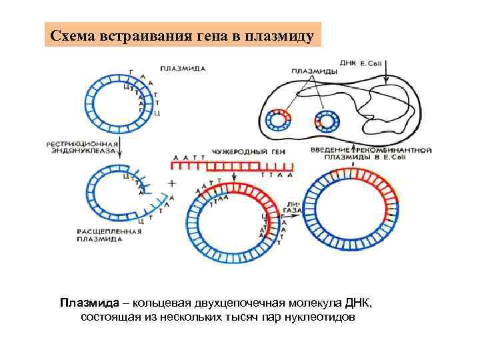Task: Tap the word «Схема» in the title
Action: point(74,35)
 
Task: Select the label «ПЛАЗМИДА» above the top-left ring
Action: point(183,68)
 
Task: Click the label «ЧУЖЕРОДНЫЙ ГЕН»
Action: point(248,152)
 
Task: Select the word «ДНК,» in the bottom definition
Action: point(359,303)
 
